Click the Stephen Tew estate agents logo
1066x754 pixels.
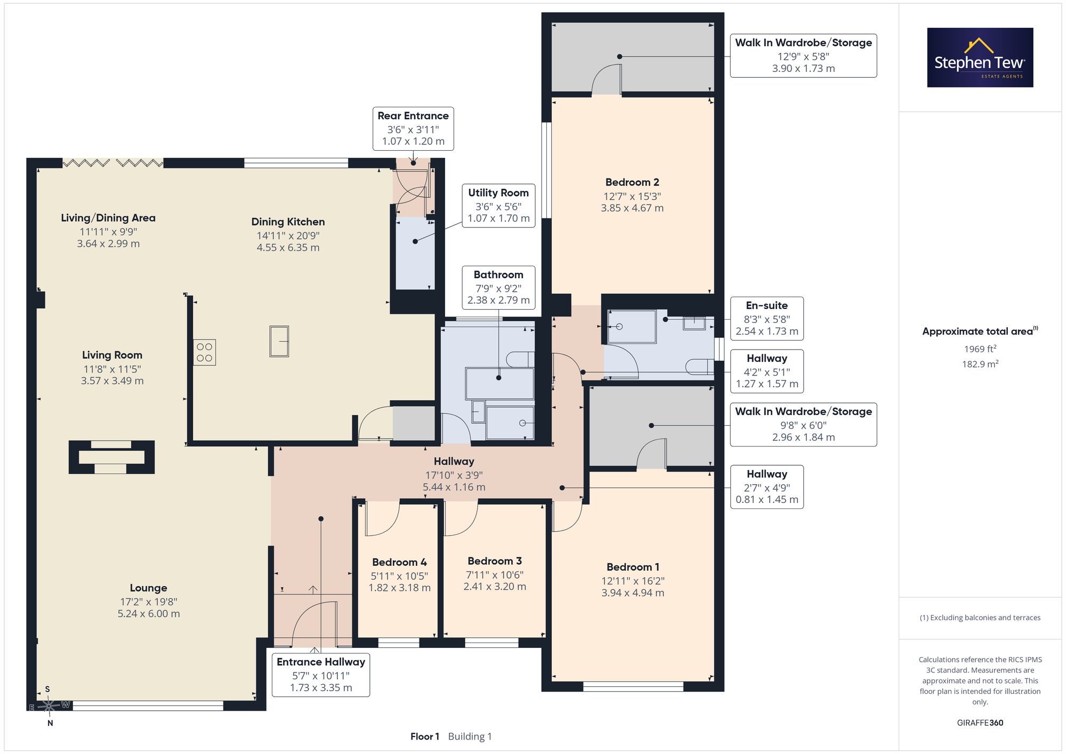coord(980,58)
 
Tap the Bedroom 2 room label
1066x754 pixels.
coord(632,182)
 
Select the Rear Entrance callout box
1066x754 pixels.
coord(413,128)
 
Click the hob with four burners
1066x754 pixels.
coord(205,352)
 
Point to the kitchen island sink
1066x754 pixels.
coord(279,342)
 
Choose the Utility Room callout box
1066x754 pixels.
coord(498,206)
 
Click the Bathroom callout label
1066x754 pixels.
coord(498,274)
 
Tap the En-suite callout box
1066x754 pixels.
coord(767,318)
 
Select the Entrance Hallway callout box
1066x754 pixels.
coord(321,675)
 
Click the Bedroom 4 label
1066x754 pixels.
coord(399,562)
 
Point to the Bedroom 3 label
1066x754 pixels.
coord(495,561)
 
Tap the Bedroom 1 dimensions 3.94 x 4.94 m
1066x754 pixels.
coord(633,593)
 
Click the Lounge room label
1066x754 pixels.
coord(149,588)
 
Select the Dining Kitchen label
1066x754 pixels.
coord(288,222)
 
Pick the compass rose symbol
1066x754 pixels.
coord(49,706)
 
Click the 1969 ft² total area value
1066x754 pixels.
coord(980,349)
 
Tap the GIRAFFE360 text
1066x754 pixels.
coord(980,723)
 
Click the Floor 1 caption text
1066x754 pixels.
coord(425,736)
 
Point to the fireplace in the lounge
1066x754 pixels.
coord(111,457)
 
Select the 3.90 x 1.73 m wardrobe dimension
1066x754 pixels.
coord(803,69)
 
